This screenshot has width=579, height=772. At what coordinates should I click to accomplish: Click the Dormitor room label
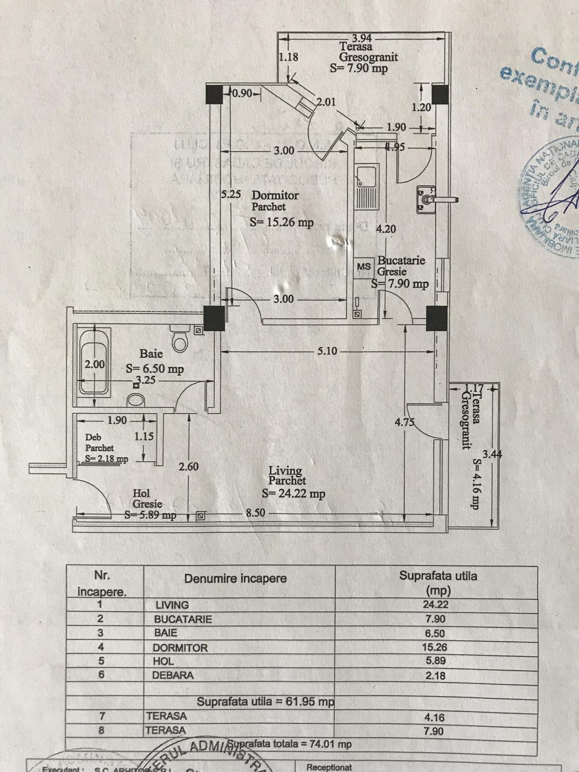(x=275, y=195)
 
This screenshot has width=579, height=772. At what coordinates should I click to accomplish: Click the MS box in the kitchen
(x=364, y=266)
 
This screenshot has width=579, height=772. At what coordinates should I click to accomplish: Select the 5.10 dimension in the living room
(x=327, y=351)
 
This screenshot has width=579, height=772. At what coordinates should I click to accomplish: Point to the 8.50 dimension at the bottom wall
(x=255, y=513)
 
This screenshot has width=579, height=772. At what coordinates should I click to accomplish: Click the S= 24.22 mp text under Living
(x=293, y=494)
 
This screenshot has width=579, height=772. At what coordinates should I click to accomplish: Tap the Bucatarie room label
(x=401, y=261)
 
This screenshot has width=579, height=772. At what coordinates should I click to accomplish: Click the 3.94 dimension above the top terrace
(x=362, y=38)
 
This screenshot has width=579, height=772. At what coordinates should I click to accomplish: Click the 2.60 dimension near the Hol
(x=188, y=467)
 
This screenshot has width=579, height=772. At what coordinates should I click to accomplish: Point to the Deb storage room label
(x=93, y=437)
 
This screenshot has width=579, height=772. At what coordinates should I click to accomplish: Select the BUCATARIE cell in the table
(x=183, y=619)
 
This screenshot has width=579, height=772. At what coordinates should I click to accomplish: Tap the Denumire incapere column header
(x=235, y=579)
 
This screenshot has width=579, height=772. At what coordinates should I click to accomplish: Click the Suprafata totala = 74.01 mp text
(x=289, y=744)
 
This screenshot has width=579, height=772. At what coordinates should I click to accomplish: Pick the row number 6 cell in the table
(x=101, y=675)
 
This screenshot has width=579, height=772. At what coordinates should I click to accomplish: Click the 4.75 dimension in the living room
(x=404, y=422)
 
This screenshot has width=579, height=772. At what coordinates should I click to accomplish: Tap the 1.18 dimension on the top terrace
(x=289, y=57)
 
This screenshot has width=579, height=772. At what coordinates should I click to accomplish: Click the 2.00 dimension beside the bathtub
(x=95, y=364)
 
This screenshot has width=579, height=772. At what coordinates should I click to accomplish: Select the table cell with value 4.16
(x=434, y=717)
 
